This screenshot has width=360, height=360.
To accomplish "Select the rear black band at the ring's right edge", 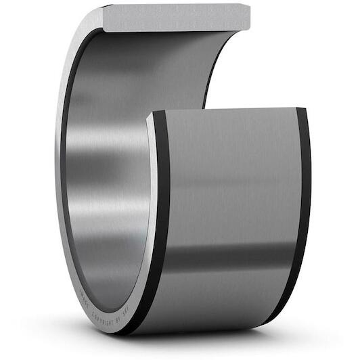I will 303,210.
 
